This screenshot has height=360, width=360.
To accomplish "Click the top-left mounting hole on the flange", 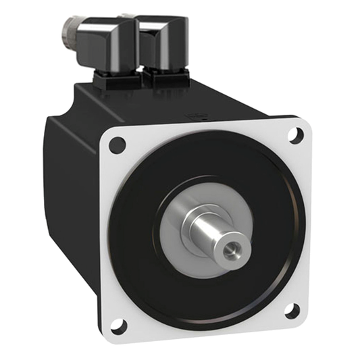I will tap(117, 144).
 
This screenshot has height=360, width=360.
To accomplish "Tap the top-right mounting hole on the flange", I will tap(295, 134).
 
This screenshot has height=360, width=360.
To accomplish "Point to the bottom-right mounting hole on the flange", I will tap(292, 311).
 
